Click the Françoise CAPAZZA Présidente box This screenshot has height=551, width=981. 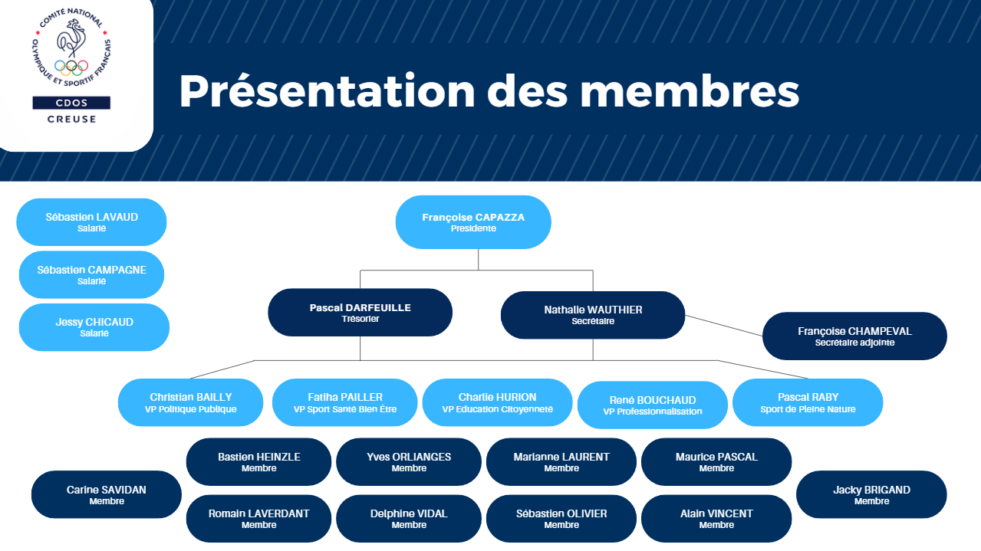tap(473, 222)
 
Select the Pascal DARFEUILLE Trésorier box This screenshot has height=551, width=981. tap(360, 313)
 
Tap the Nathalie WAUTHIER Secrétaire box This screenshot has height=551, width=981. tap(593, 315)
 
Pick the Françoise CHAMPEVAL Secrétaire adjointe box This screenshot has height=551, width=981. tap(854, 336)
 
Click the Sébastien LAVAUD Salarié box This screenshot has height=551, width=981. tap(91, 222)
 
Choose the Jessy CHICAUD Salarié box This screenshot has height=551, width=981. tap(94, 327)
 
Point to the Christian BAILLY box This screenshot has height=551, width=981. tap(190, 402)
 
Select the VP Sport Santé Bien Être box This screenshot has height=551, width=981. tap(344, 402)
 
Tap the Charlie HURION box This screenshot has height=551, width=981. tap(497, 402)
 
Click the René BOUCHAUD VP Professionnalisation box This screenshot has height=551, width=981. tap(652, 405)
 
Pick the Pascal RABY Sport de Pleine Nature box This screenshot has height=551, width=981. tap(808, 402)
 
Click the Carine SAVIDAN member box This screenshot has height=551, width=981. tap(106, 494)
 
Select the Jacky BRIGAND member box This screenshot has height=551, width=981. tap(871, 494)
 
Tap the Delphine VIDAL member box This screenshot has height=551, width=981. tap(409, 518)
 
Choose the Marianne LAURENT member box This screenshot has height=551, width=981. tap(561, 461)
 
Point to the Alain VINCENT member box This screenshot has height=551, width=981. tap(716, 518)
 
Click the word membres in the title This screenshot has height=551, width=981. tap(690, 91)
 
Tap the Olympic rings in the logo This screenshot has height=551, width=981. tap(72, 67)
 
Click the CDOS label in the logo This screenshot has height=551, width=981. tap(71, 103)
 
